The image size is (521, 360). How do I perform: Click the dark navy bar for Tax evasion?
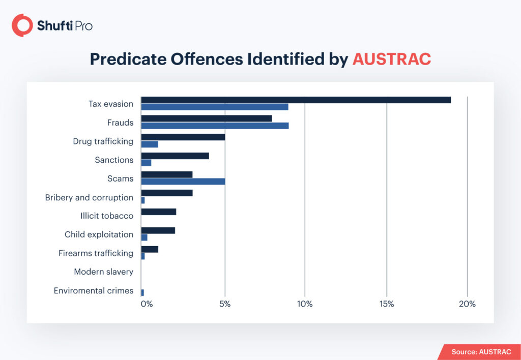(296, 100)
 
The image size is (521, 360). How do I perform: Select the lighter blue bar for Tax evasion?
(214, 107)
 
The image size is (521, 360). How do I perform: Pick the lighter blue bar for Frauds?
(215, 126)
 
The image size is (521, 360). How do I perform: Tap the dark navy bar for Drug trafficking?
(183, 137)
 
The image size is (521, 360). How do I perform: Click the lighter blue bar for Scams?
(183, 182)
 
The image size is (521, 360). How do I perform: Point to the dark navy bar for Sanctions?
(175, 156)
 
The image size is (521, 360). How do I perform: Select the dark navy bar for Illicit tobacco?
(158, 212)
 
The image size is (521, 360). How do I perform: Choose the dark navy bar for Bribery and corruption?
(166, 193)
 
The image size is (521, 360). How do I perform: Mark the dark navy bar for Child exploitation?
(158, 230)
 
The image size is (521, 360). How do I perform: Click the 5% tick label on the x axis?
(225, 304)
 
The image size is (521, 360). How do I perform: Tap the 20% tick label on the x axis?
(467, 304)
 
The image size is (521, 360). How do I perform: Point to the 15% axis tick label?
(387, 304)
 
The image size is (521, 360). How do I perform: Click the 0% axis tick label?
(146, 304)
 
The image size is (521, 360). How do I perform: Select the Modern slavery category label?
(103, 272)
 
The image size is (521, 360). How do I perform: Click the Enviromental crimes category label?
(93, 291)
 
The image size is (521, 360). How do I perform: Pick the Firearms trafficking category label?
(96, 253)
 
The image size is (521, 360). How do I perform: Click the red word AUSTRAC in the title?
(391, 59)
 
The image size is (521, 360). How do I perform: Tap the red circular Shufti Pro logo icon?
(22, 25)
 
